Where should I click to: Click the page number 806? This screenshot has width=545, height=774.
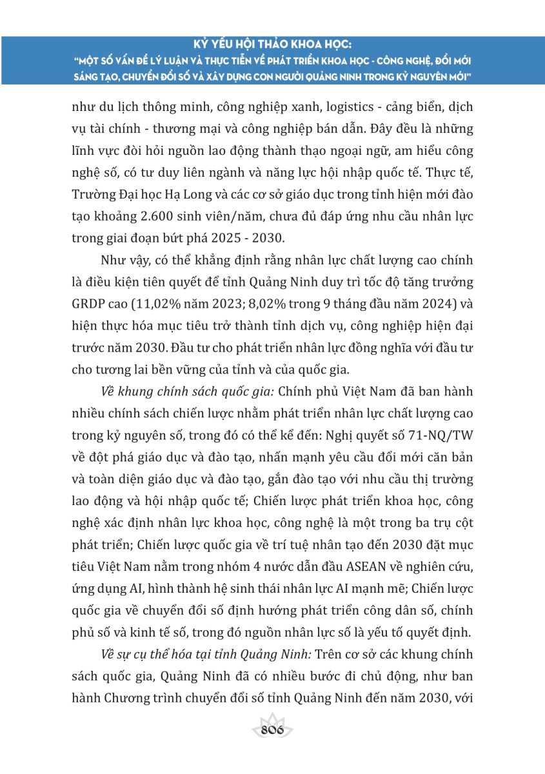[272, 731]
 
